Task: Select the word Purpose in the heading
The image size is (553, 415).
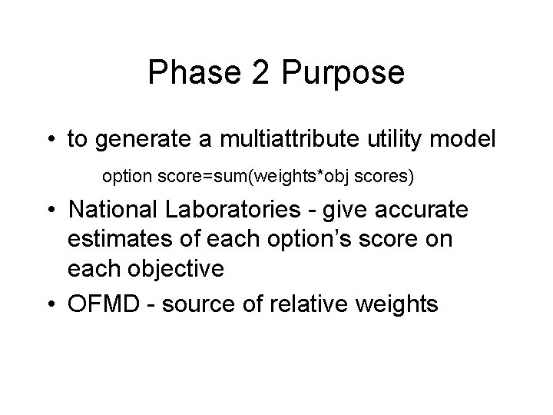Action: click(x=343, y=73)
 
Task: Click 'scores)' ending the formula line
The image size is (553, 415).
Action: click(x=387, y=177)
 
